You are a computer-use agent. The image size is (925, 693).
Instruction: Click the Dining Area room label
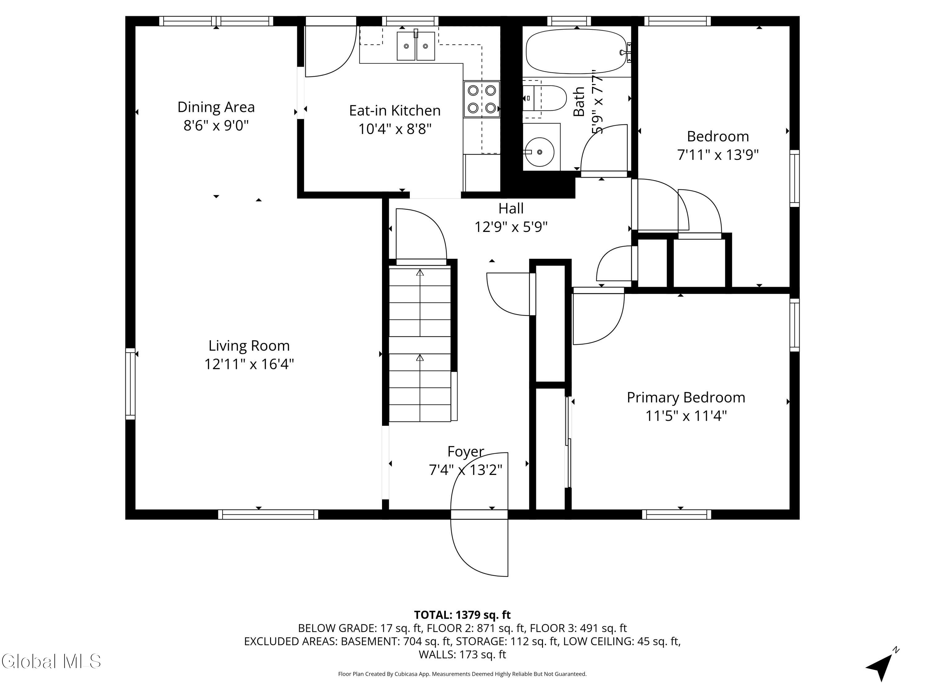pyautogui.click(x=216, y=107)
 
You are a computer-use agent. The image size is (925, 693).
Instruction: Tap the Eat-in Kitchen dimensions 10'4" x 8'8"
pyautogui.click(x=395, y=129)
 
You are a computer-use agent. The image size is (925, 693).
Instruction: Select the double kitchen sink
pyautogui.click(x=416, y=46)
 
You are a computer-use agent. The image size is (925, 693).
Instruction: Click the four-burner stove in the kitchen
pyautogui.click(x=481, y=99)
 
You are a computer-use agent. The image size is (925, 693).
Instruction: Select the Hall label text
pyautogui.click(x=511, y=208)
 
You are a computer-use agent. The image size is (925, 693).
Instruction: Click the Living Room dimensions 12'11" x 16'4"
pyautogui.click(x=249, y=364)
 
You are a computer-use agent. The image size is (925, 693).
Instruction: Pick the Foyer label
pyautogui.click(x=465, y=452)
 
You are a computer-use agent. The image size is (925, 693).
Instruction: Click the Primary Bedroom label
pyautogui.click(x=685, y=397)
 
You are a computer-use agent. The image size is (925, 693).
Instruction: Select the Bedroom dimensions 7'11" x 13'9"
pyautogui.click(x=717, y=155)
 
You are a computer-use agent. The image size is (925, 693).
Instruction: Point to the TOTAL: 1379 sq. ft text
pyautogui.click(x=462, y=615)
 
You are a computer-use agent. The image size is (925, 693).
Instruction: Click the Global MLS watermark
pyautogui.click(x=51, y=661)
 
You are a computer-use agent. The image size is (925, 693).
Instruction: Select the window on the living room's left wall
pyautogui.click(x=130, y=383)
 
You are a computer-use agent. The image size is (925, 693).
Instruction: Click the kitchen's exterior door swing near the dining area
pyautogui.click(x=330, y=52)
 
